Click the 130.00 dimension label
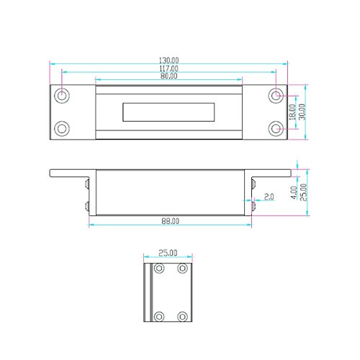169,60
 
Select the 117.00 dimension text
169,68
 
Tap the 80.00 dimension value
169,76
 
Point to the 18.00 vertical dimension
292,112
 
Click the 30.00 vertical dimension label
302,112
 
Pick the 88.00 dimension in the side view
170,221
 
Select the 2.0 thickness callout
269,197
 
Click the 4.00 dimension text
294,192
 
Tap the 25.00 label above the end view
168,253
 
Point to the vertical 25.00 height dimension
304,192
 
